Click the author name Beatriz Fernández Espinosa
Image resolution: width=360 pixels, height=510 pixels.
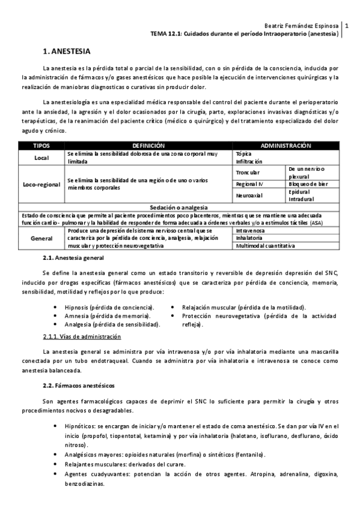[302, 26]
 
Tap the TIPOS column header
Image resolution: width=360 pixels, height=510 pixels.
[41, 146]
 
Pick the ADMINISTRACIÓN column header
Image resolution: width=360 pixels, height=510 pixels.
[285, 146]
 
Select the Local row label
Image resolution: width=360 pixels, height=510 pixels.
[41, 158]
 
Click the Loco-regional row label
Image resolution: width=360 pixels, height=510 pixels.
[41, 184]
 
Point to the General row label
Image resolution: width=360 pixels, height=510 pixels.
[41, 238]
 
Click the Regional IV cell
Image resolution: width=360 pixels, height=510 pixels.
[249, 184]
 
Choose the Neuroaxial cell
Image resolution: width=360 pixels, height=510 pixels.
[248, 195]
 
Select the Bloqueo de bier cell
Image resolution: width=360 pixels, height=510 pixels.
[308, 184]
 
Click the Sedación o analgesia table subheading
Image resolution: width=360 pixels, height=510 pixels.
[179, 206]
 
